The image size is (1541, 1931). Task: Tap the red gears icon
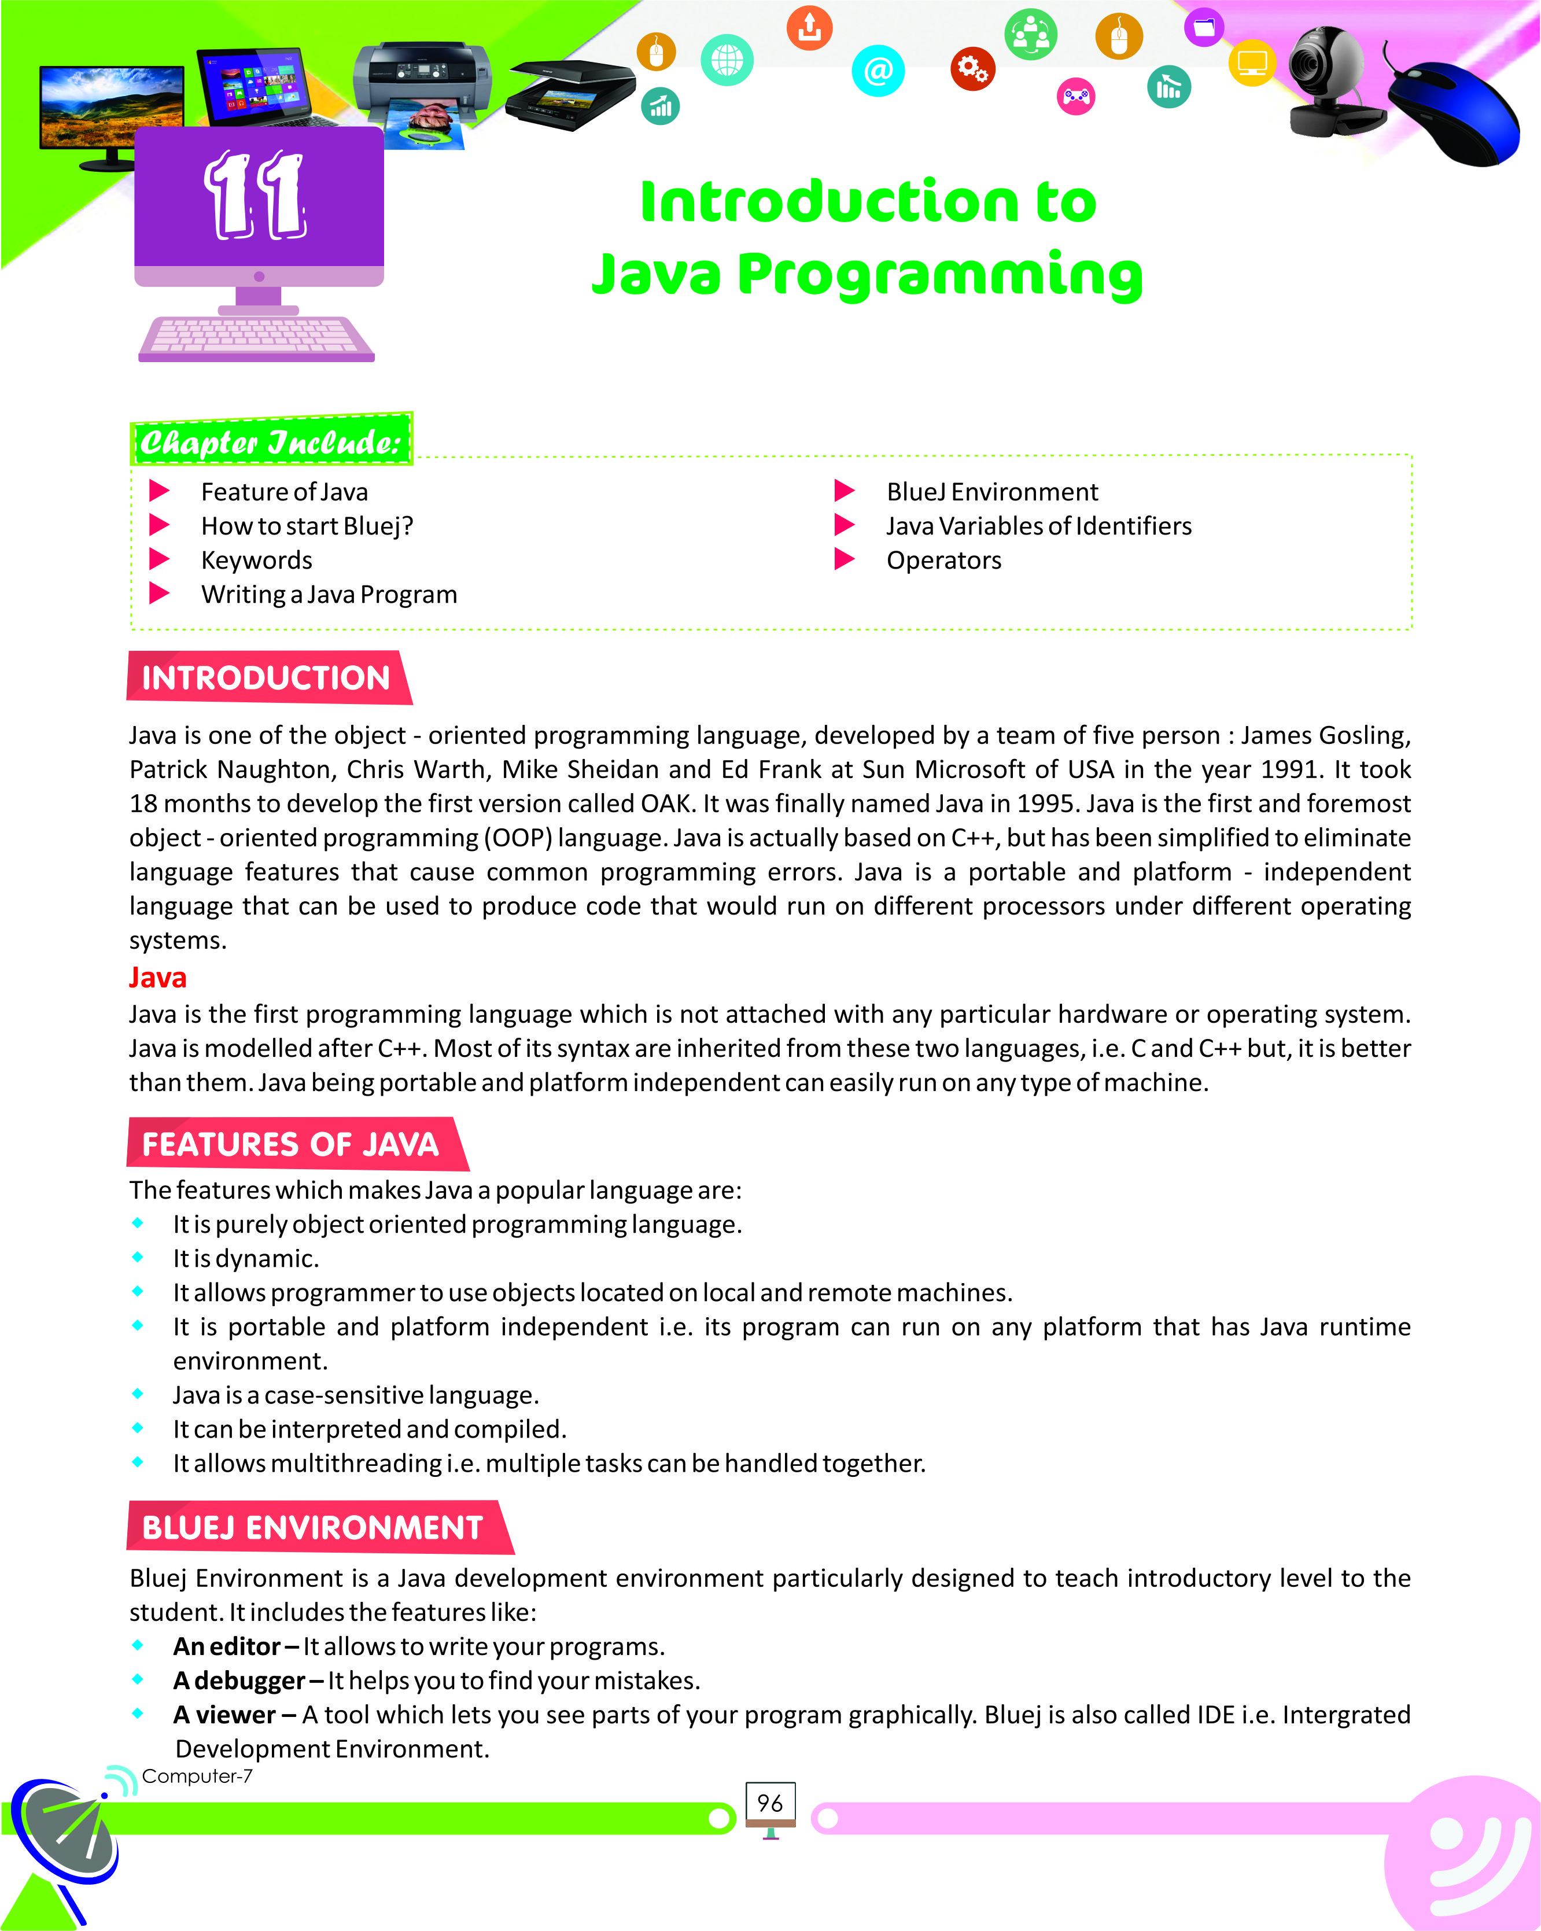coord(972,68)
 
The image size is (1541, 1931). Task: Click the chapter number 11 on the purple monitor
coord(257,196)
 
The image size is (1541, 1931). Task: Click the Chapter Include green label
coord(270,441)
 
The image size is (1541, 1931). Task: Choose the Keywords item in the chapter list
coord(256,561)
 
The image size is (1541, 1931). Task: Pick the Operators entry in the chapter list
coord(944,561)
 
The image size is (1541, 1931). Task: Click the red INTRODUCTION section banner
coord(267,678)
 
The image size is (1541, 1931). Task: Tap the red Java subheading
coord(157,977)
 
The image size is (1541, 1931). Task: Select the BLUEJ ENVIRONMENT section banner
coord(314,1527)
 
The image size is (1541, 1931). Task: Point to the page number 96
coord(770,1803)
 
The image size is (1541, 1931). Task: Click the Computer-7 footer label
coord(197,1776)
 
